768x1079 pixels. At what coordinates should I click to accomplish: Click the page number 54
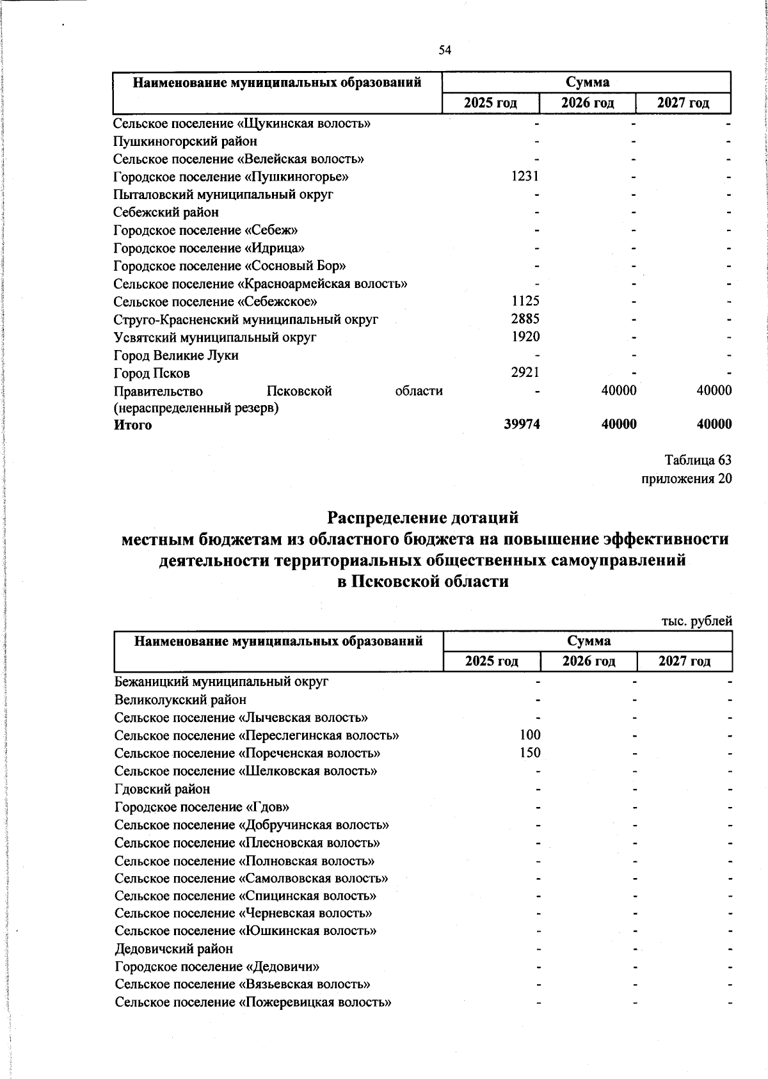[445, 51]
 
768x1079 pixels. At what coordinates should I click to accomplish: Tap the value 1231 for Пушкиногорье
[525, 177]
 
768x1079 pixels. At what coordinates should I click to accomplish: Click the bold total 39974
[522, 424]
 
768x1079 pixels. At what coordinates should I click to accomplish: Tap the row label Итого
[133, 425]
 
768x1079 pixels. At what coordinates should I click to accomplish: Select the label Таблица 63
[698, 460]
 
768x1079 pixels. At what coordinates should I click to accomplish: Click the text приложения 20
[687, 479]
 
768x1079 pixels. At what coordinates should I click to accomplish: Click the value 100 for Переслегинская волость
[531, 735]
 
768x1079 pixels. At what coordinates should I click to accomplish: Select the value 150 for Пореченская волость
[531, 753]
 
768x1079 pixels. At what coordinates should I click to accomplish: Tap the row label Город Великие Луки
[176, 355]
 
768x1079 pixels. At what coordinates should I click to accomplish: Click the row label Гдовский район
[163, 789]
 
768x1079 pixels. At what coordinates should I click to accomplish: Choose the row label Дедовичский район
[174, 948]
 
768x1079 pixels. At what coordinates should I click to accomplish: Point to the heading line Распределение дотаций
[423, 516]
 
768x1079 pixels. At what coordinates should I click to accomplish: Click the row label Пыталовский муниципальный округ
[223, 194]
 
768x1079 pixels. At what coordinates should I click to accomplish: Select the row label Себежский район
[166, 212]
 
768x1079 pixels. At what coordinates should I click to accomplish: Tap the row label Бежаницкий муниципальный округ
[221, 682]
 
